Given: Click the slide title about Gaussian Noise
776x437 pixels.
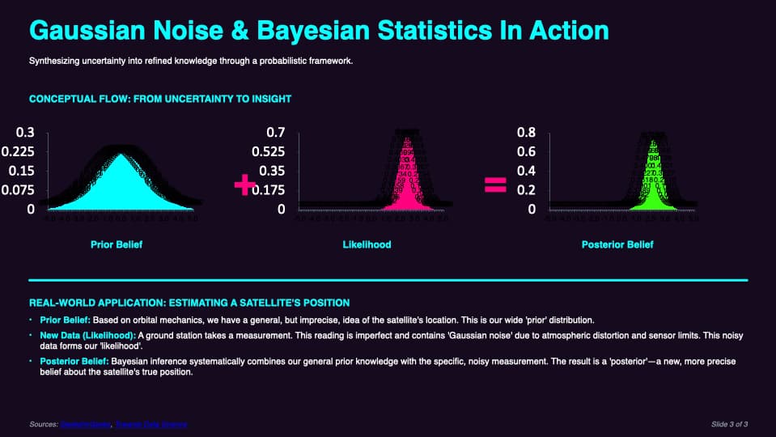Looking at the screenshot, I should tap(319, 31).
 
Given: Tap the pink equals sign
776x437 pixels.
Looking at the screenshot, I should tap(494, 185).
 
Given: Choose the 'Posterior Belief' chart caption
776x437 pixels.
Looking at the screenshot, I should tap(617, 244).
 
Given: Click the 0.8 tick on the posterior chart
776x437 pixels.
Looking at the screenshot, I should tap(526, 132).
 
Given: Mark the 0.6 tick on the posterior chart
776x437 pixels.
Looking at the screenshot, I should tap(526, 151).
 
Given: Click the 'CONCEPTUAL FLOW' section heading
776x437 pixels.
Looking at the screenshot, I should tap(160, 100).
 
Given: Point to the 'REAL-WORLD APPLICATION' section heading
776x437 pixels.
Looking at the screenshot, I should tap(189, 303).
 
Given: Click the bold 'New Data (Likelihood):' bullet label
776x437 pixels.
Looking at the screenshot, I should tap(87, 335).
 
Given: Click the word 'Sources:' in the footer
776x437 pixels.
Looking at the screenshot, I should tap(43, 424).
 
